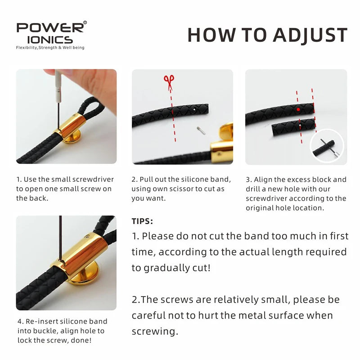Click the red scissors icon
pos(169,82)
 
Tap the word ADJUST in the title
pos(310,35)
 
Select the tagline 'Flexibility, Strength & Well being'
pos(50,48)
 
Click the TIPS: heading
pos(142,221)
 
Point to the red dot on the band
pos(298,109)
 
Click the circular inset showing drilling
pos(327,146)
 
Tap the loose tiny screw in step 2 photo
pos(201,130)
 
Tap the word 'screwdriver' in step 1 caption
pos(89,179)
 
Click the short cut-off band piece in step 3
pos(293,127)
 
